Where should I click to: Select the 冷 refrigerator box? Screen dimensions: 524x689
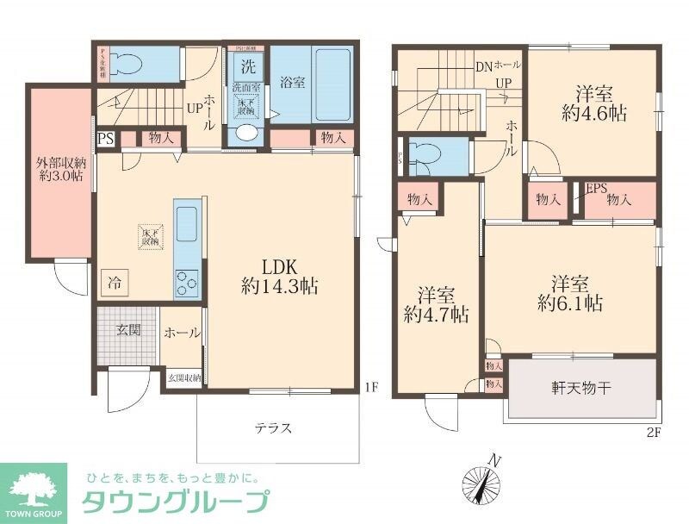115,281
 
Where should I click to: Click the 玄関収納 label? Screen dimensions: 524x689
183,377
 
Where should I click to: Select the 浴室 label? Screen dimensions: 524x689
292,84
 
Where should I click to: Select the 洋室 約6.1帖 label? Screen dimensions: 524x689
570,293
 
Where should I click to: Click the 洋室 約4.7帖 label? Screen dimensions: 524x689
437,304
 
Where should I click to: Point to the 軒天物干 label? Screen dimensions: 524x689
581,389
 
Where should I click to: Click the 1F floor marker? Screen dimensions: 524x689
370,388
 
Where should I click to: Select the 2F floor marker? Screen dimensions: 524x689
654,433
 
